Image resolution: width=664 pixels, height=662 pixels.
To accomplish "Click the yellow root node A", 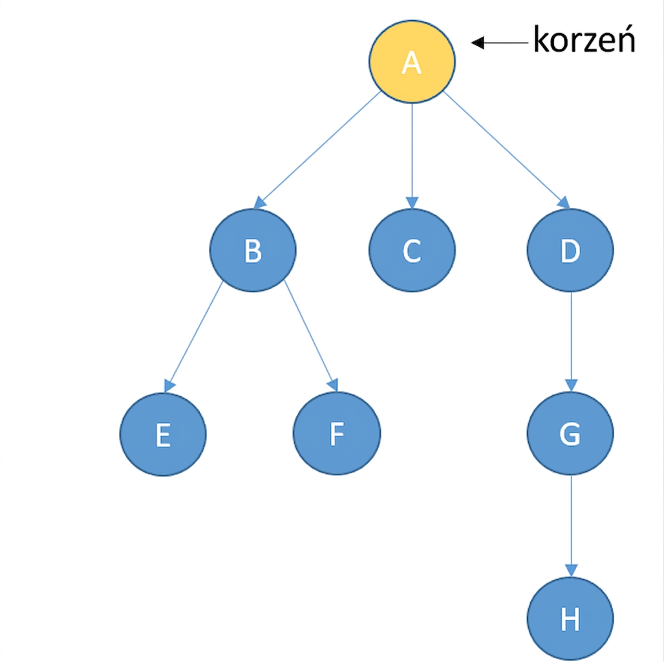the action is pyautogui.click(x=412, y=62).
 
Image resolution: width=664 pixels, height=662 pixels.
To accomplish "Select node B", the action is pyautogui.click(x=253, y=250).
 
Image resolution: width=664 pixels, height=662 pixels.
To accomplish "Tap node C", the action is pyautogui.click(x=412, y=250).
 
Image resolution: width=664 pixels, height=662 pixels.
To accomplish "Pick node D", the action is pyautogui.click(x=570, y=250).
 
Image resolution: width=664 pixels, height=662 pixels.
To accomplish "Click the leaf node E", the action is pyautogui.click(x=163, y=434).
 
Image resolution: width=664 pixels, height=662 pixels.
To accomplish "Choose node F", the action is pyautogui.click(x=337, y=433).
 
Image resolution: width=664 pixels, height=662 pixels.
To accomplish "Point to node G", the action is pyautogui.click(x=570, y=433).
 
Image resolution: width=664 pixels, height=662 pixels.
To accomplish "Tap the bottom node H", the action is pyautogui.click(x=570, y=619).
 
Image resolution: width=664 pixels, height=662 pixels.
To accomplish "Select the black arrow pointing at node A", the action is pyautogui.click(x=500, y=43).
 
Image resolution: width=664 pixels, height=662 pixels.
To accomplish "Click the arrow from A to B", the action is pyautogui.click(x=317, y=150).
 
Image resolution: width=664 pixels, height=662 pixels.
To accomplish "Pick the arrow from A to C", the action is pyautogui.click(x=412, y=156).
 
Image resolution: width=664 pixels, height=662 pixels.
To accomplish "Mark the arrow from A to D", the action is pyautogui.click(x=506, y=150).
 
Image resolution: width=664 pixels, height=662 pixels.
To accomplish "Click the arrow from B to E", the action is pyautogui.click(x=193, y=337).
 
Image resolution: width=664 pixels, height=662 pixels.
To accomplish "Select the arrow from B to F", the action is pyautogui.click(x=311, y=336).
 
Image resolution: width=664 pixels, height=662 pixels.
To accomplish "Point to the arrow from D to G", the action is pyautogui.click(x=571, y=342).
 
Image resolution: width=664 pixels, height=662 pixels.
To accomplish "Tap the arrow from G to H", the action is pyautogui.click(x=571, y=526).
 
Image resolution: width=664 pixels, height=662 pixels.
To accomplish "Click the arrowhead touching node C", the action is pyautogui.click(x=412, y=203).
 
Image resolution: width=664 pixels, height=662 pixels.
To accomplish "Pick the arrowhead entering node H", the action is pyautogui.click(x=572, y=570).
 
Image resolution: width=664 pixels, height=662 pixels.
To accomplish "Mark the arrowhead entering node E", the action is pyautogui.click(x=169, y=386).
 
